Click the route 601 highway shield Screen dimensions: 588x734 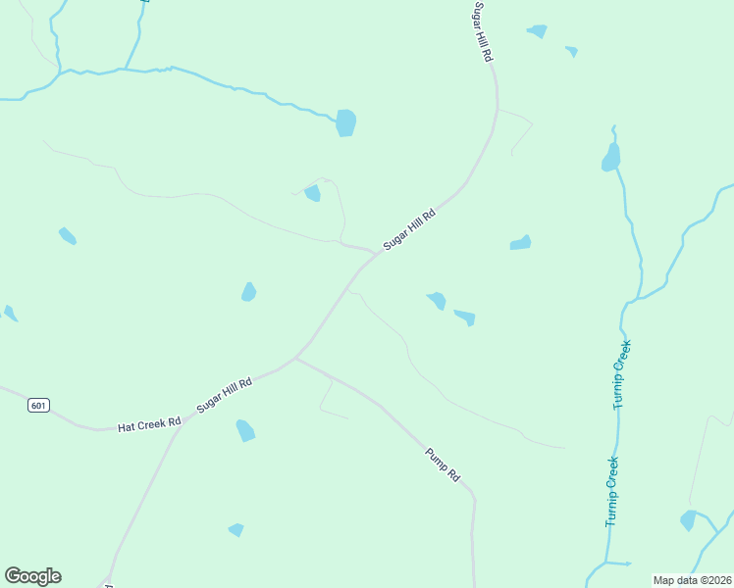38,405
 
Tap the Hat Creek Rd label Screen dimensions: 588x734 150,425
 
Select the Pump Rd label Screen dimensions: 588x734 443,465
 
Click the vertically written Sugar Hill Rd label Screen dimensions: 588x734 482,32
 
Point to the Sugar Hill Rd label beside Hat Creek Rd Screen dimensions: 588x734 225,394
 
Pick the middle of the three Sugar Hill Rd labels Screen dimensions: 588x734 408,228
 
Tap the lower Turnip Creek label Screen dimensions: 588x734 611,492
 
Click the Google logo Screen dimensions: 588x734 32,576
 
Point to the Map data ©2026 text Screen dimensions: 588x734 692,580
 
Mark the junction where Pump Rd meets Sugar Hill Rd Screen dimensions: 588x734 295,358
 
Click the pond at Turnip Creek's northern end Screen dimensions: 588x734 611,158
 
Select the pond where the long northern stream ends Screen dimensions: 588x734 345,122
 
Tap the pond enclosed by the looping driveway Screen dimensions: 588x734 312,193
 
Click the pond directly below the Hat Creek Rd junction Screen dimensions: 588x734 245,430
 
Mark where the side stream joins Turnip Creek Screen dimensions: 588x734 628,300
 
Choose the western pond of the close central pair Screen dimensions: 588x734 436,300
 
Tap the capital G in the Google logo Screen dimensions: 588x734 13,576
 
